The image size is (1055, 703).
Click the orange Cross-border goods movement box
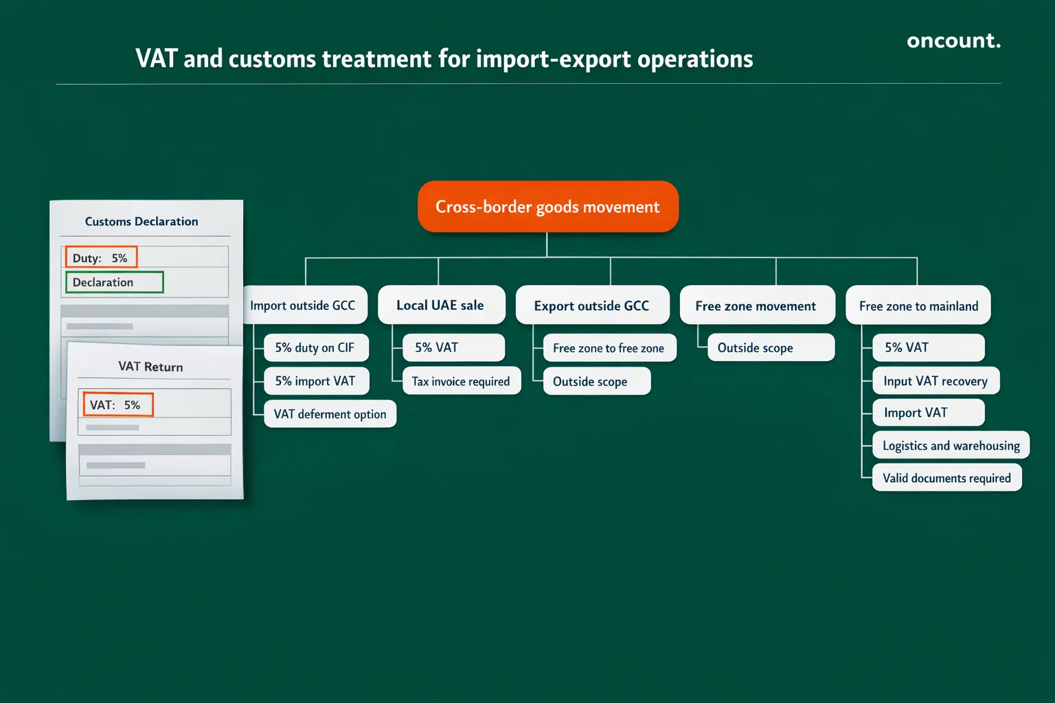547,207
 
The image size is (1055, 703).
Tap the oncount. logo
953,41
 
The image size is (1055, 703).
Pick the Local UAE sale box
441,306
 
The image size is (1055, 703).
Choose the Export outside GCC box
592,306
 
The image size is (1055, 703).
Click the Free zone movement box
756,306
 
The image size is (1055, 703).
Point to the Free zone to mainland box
918,306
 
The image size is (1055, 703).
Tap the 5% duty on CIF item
315,347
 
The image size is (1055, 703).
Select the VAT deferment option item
330,414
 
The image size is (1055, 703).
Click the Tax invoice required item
461,381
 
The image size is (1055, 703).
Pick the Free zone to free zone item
609,348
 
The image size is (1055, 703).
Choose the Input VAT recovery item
935,381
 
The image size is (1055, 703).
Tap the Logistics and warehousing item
951,446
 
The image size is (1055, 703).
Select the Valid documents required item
946,478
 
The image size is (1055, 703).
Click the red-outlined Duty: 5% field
101,257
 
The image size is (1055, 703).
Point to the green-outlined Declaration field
114,282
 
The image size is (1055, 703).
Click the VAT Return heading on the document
150,367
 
